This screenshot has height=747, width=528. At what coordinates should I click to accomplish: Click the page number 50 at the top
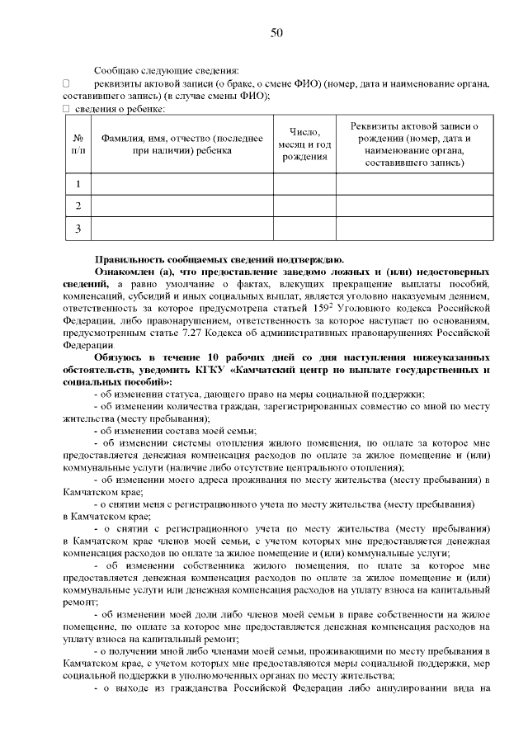point(276,32)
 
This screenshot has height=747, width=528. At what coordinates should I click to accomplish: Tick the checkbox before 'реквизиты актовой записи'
point(66,84)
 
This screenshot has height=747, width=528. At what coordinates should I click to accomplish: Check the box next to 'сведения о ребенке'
point(66,109)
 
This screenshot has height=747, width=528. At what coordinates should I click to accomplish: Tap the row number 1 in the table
point(78,183)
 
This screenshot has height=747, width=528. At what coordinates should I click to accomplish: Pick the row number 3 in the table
point(78,228)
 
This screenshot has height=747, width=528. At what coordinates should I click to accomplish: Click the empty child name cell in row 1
point(181,183)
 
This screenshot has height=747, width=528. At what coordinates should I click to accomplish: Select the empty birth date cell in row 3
point(304,228)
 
